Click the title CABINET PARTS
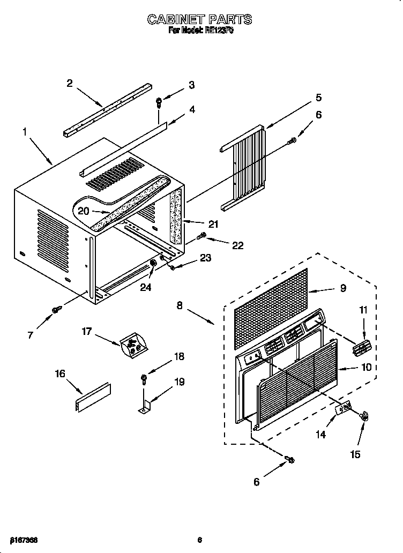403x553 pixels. [x=199, y=20]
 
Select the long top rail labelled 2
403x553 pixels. [x=107, y=109]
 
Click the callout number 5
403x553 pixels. [x=318, y=98]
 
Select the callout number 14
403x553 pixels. [x=320, y=435]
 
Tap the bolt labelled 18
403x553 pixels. [x=144, y=378]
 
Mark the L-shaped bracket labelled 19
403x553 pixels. [x=144, y=405]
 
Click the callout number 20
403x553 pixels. [x=83, y=211]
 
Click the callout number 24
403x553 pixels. [x=146, y=287]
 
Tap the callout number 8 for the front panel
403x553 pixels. [x=180, y=305]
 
